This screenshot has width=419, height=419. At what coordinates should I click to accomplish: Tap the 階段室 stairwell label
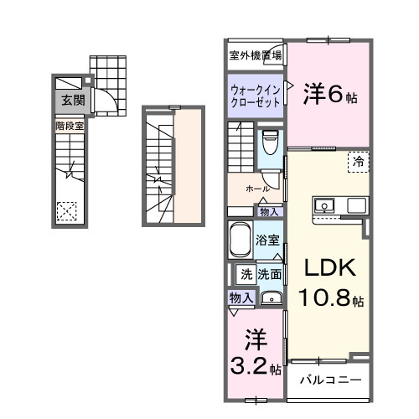pos(70,126)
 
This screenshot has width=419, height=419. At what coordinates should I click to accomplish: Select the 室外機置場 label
pos(256,56)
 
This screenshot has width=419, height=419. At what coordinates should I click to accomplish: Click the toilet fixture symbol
pos(269,143)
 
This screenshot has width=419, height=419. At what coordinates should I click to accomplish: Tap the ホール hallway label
pos(256,189)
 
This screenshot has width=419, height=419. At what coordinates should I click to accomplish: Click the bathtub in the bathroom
pos(241,241)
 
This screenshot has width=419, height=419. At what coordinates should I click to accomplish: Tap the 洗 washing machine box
pos(246,273)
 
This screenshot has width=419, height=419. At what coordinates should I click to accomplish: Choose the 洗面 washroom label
pos(269,273)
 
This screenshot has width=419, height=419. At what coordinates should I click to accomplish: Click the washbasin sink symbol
pos(270,297)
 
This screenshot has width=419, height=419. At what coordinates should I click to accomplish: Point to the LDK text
pos(329,269)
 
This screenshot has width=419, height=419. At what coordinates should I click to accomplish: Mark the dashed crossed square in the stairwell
pos(68,211)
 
